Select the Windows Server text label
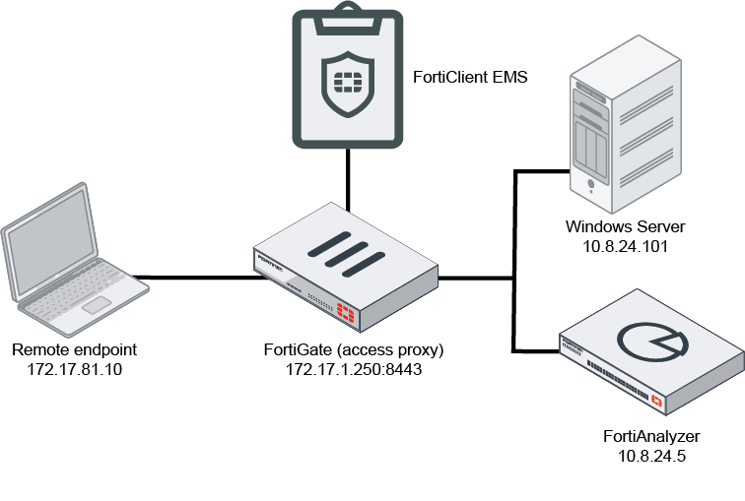[625, 228]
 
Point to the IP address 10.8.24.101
[625, 246]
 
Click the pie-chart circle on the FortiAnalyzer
[649, 339]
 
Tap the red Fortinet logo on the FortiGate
[347, 314]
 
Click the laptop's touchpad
[96, 305]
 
